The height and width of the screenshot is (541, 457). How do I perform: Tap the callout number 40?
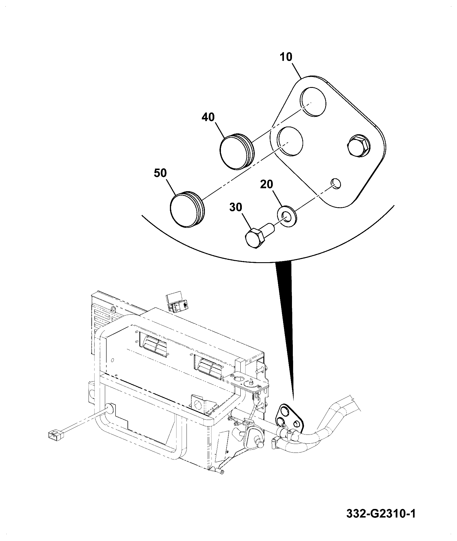point(208,117)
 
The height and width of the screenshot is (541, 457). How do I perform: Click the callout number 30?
point(236,207)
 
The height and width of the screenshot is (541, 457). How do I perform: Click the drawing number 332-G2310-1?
point(381,514)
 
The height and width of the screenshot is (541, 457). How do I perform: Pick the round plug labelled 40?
point(237,151)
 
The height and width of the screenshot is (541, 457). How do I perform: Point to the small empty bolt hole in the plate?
point(336,183)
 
